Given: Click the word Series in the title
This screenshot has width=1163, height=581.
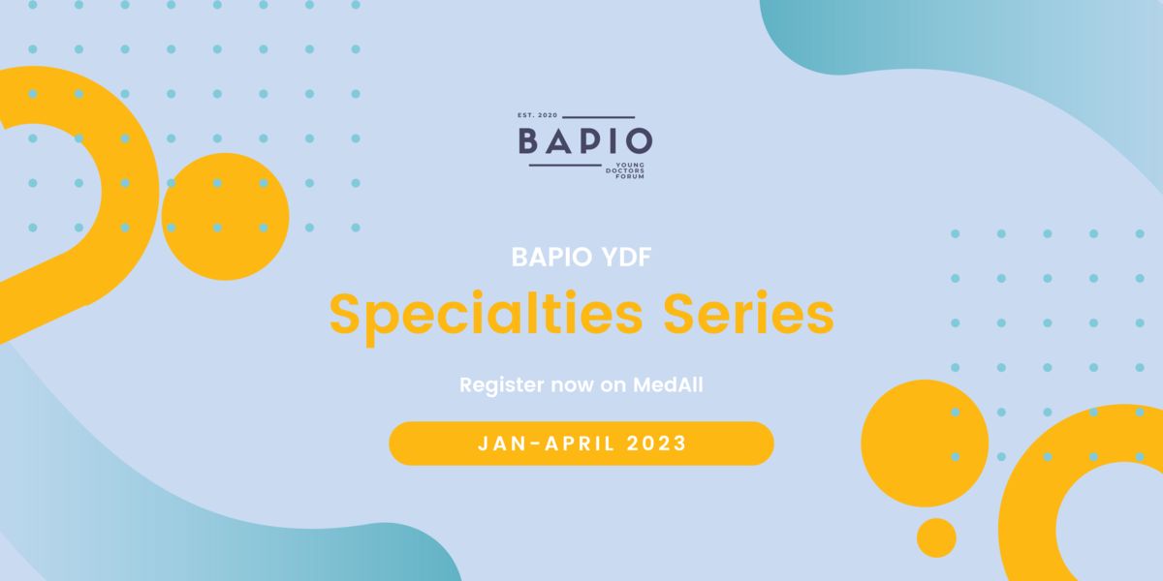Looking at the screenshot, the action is (x=748, y=314).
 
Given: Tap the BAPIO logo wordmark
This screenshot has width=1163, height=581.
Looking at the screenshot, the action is (x=585, y=141).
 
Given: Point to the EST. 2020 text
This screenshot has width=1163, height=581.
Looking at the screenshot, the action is (x=537, y=115).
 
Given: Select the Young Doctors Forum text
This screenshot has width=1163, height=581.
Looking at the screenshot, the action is (x=625, y=170).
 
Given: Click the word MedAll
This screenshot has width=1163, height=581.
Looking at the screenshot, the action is (x=668, y=385).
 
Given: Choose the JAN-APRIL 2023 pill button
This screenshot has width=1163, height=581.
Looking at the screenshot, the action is (x=581, y=443).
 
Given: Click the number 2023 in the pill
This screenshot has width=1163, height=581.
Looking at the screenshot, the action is (x=657, y=443).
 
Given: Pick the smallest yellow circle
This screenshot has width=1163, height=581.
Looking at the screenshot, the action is (x=936, y=537).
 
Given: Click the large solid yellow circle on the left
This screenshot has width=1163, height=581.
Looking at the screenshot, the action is (x=225, y=216).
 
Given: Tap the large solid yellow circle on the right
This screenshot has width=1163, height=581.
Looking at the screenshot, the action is (x=925, y=443).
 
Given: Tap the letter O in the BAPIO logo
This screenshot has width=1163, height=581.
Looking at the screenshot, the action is (x=639, y=141).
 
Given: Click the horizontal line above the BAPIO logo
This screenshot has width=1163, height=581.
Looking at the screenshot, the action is (x=599, y=117).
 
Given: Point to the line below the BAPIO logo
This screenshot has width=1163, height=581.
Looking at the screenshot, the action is (x=565, y=166).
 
